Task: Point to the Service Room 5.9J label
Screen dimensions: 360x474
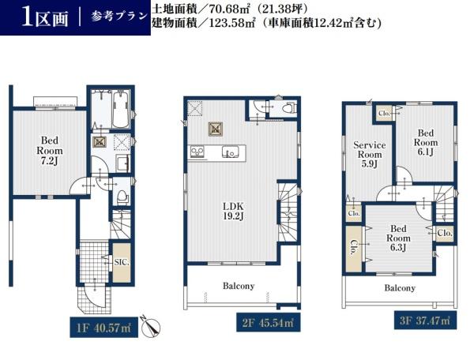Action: click(369, 154)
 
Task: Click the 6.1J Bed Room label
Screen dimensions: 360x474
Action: click(426, 143)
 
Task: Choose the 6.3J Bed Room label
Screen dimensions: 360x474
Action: click(398, 238)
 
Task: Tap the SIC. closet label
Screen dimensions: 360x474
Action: click(122, 261)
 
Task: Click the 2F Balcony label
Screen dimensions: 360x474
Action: click(238, 286)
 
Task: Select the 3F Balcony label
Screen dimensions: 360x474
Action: click(400, 288)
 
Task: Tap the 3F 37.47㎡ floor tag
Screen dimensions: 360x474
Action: click(425, 321)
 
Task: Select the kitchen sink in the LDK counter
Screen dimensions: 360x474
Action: click(231, 152)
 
